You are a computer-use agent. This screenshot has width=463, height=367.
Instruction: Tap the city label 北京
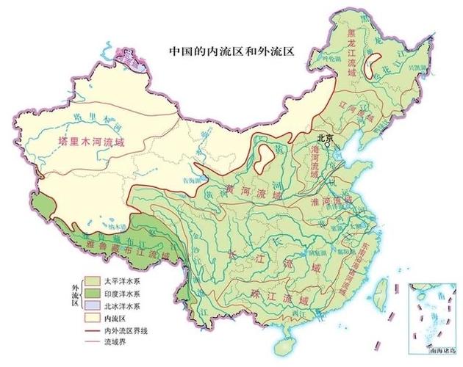[x=325, y=137]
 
